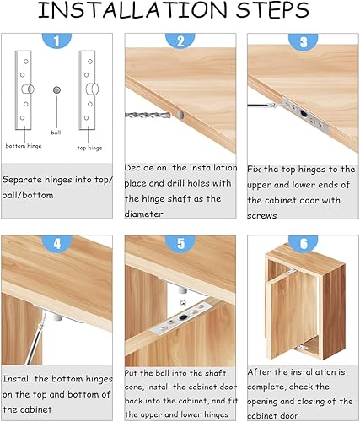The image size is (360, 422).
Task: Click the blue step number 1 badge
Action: click(56, 40)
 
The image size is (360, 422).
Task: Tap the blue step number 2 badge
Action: click(180, 40)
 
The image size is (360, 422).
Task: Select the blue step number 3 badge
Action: click(304, 41)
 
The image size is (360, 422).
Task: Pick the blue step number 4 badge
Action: click(57, 243)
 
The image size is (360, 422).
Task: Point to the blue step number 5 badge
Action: click(180, 243)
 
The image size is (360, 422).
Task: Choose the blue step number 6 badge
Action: click(304, 242)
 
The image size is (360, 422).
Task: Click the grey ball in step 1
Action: click(56, 90)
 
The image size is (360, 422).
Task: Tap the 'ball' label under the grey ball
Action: click(56, 133)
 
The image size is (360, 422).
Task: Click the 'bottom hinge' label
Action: click(24, 146)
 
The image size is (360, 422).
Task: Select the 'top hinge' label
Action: click(89, 148)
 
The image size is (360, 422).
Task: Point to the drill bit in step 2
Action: click(148, 115)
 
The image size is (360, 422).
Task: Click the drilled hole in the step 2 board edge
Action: click(180, 114)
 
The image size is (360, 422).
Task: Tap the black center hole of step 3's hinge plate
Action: click(304, 114)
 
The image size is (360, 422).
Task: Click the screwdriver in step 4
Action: click(36, 339)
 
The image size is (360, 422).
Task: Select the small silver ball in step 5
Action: click(183, 303)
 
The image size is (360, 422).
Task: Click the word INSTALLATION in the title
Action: click(132, 10)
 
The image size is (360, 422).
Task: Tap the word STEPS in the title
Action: click(272, 10)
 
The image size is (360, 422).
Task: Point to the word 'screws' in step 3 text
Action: click(262, 216)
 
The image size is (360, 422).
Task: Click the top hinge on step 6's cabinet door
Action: click(292, 272)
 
